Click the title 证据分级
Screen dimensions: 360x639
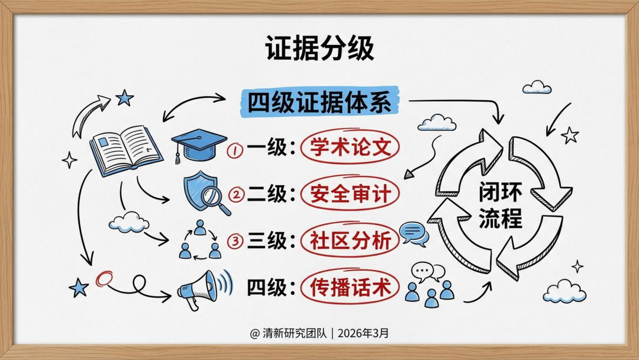pos(319,49)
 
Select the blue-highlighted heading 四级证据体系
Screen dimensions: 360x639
pos(319,103)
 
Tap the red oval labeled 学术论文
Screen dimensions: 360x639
pos(350,148)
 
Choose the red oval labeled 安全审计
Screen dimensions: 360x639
pos(350,194)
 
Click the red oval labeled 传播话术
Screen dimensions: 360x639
pos(350,288)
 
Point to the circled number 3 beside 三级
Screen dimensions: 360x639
pos(235,242)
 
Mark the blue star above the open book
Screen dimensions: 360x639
pos(124,97)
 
